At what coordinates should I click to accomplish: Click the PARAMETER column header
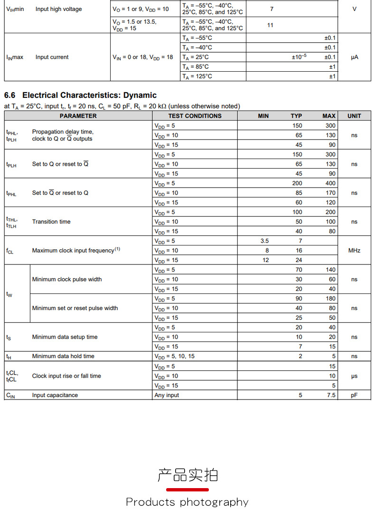(x=78, y=116)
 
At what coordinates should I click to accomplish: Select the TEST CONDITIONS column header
(x=195, y=116)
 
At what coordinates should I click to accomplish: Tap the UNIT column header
(x=354, y=116)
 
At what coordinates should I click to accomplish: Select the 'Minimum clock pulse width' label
(x=67, y=279)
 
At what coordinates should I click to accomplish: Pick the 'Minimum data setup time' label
(x=65, y=337)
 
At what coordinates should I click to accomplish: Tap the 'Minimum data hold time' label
(x=63, y=356)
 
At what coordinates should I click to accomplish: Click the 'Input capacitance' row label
(x=55, y=395)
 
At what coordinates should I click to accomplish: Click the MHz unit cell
(x=354, y=250)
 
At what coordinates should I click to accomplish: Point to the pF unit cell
(x=354, y=395)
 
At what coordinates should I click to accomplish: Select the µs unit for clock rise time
(x=354, y=376)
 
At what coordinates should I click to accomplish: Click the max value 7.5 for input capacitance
(x=331, y=395)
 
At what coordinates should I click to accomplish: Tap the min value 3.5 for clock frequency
(x=264, y=241)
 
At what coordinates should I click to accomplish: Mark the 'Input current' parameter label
(x=52, y=57)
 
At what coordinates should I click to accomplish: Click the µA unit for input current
(x=354, y=57)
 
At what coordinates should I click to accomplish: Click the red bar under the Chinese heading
(x=187, y=490)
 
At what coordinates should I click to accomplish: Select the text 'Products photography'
(x=187, y=502)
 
